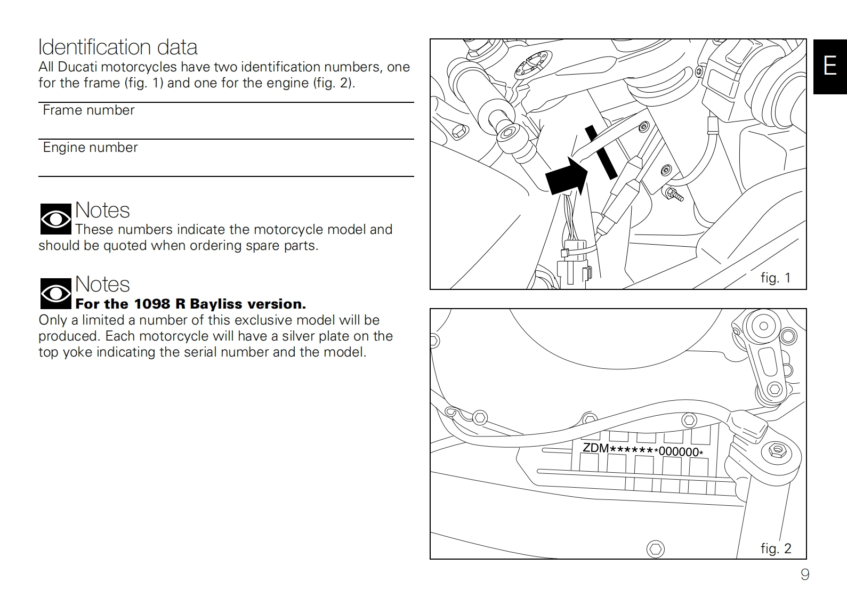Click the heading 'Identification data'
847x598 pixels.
click(118, 47)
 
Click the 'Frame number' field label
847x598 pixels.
click(88, 110)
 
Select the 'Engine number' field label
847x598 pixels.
click(90, 148)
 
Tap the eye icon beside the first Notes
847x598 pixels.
click(55, 219)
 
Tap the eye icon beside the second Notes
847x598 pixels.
click(55, 294)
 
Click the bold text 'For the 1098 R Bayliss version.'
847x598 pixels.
click(191, 304)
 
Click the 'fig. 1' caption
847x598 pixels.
click(775, 278)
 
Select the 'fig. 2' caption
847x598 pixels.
click(776, 548)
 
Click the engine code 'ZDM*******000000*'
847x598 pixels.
click(643, 449)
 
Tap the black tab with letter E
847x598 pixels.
click(829, 66)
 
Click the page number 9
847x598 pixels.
click(805, 575)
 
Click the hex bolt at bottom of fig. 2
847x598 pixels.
click(656, 549)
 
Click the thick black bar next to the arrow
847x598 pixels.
click(601, 152)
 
